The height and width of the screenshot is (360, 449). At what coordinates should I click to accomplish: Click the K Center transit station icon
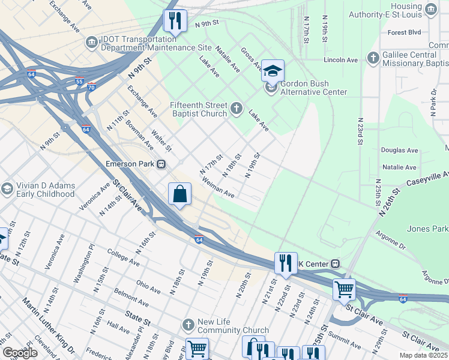tap(336, 263)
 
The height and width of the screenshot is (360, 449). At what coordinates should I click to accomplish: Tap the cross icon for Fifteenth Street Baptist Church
tap(237, 109)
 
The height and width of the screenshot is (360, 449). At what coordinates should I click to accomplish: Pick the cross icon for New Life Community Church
tap(188, 325)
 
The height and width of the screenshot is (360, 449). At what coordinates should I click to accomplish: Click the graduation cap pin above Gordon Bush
tap(273, 71)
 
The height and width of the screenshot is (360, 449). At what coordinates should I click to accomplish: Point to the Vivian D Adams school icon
tap(7, 189)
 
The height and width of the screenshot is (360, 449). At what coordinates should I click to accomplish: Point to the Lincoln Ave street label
tap(340, 60)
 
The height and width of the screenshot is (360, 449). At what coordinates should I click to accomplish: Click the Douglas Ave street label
tap(399, 150)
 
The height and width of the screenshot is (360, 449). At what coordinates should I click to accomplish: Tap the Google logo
tap(20, 353)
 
